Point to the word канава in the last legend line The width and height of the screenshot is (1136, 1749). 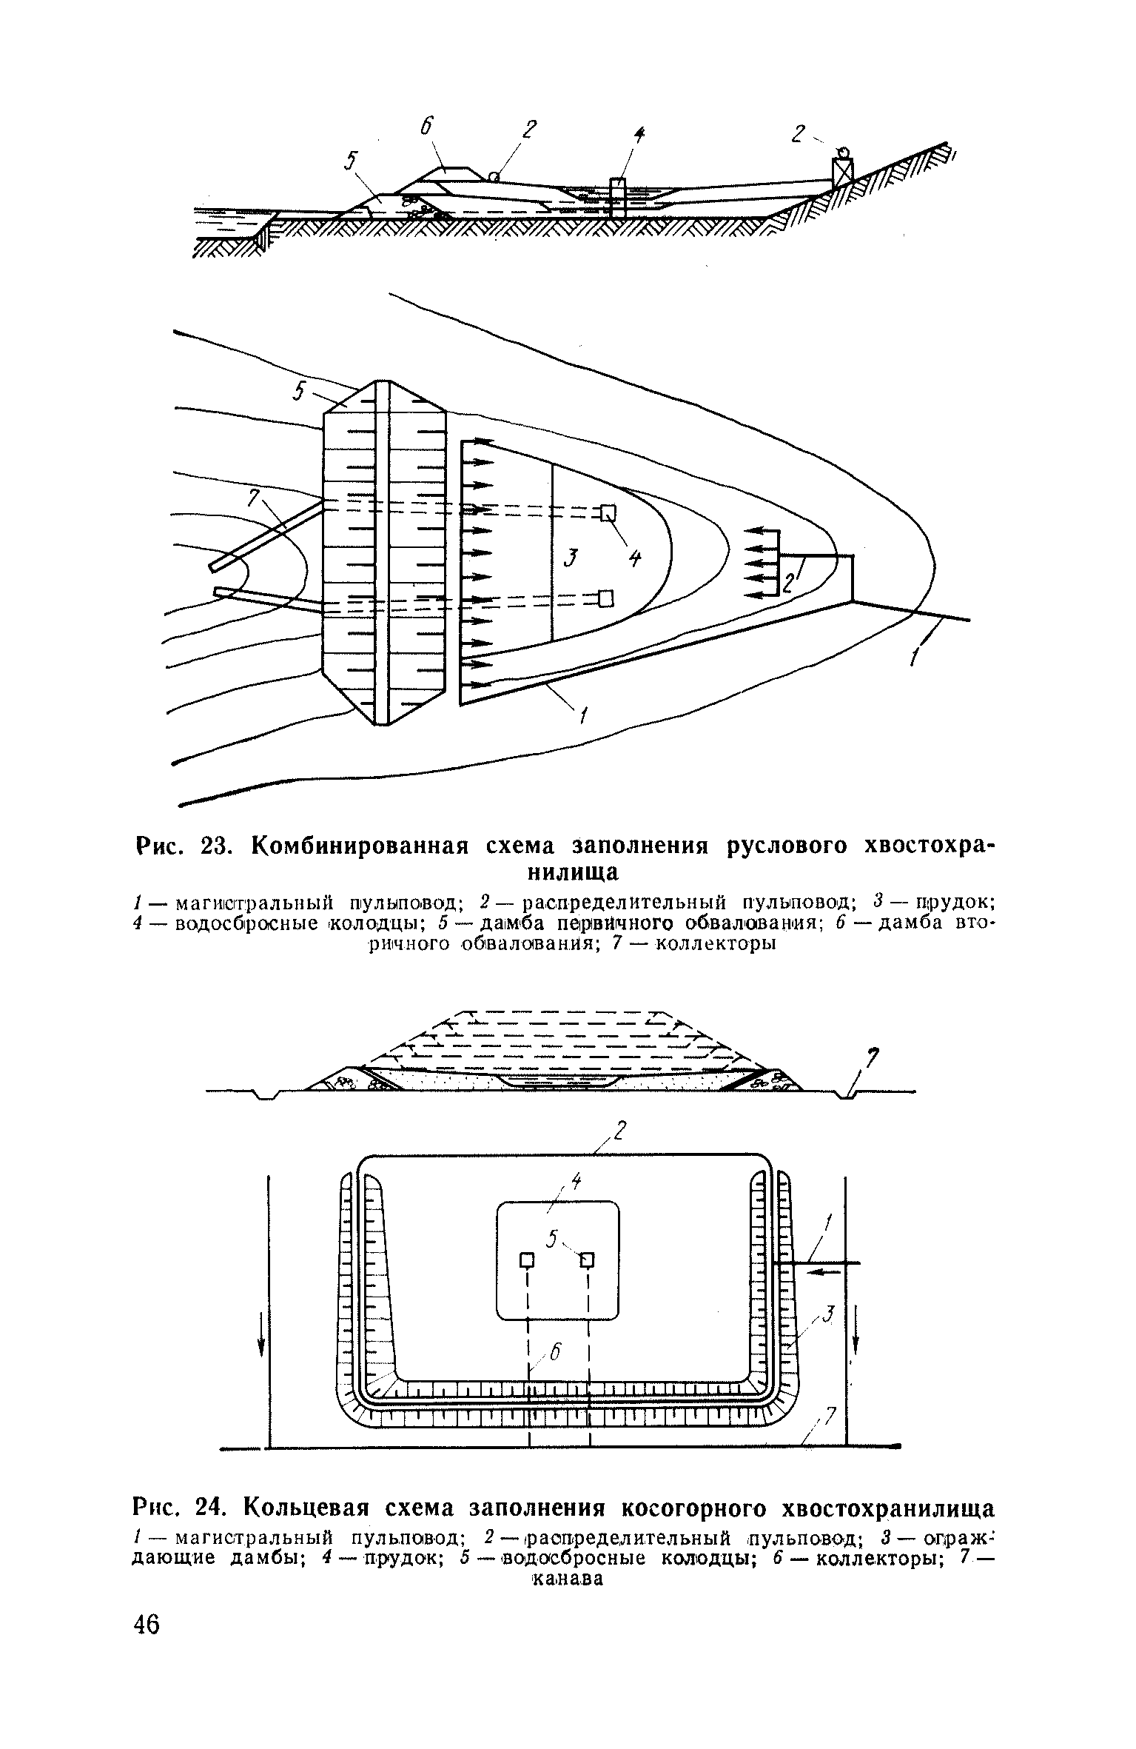(567, 1578)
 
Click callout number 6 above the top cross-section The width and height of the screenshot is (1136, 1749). (427, 127)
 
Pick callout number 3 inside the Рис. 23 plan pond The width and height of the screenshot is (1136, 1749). (569, 556)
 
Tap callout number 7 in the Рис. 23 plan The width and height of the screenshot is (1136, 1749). (253, 499)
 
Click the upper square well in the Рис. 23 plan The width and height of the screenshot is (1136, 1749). (608, 512)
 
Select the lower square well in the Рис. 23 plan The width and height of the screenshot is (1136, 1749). (606, 598)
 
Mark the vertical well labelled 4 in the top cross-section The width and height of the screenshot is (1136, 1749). (616, 197)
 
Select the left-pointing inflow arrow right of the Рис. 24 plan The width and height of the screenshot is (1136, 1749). (821, 1272)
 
